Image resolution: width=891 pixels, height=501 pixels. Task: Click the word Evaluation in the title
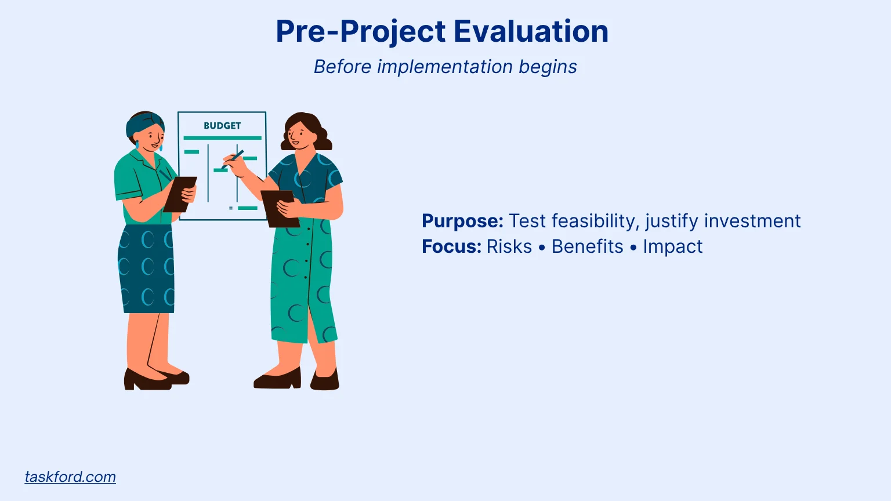[x=531, y=31]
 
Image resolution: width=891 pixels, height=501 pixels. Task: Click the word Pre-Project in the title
[x=361, y=32]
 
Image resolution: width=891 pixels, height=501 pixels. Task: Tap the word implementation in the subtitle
[x=445, y=67]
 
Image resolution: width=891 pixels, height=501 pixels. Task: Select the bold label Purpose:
[x=462, y=222]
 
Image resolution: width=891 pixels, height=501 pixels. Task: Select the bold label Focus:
[x=451, y=246]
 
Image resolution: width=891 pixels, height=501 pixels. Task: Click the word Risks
[x=509, y=246]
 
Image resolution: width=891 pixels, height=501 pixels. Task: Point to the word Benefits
[x=587, y=246]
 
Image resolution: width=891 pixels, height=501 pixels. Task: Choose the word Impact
[x=673, y=247]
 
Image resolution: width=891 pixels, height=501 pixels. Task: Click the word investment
[x=752, y=221]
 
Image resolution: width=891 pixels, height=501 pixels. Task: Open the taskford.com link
[x=70, y=477]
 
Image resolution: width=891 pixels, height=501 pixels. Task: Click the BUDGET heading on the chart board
[x=222, y=126]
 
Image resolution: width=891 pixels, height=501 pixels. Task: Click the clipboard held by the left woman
[x=180, y=194]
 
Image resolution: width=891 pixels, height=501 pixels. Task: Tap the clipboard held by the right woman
[x=280, y=208]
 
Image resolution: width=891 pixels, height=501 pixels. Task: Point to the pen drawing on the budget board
[x=233, y=159]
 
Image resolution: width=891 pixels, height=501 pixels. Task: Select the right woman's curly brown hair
[x=307, y=130]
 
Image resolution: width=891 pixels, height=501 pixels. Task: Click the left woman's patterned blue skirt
[x=146, y=269]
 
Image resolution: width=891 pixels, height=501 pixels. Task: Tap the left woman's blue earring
[x=137, y=144]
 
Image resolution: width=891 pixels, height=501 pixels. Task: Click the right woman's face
[x=300, y=135]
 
